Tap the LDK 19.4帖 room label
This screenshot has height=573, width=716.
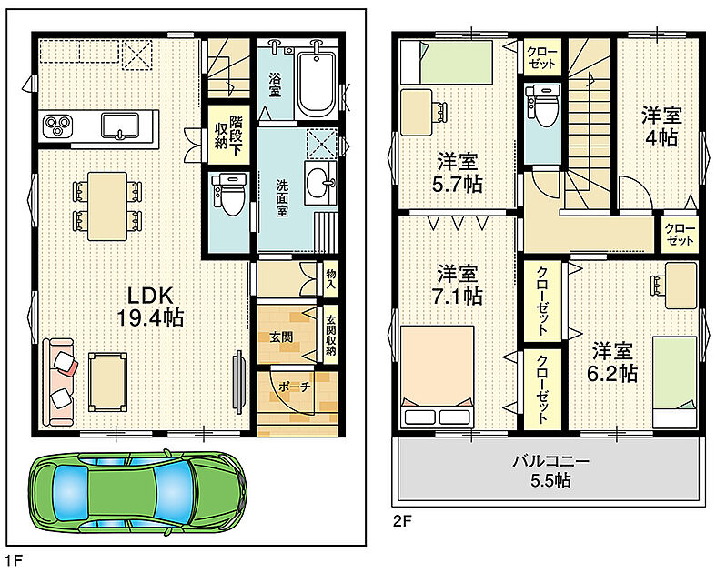pyautogui.click(x=150, y=307)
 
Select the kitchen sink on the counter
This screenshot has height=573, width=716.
pyautogui.click(x=120, y=126)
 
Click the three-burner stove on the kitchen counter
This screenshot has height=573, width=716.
pyautogui.click(x=57, y=125)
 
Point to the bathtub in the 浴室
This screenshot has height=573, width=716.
pyautogui.click(x=316, y=83)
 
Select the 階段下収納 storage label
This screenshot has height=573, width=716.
pyautogui.click(x=228, y=135)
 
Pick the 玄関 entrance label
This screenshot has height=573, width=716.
pyautogui.click(x=281, y=337)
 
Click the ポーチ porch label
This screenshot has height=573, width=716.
pyautogui.click(x=294, y=387)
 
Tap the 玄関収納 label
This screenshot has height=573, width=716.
pyautogui.click(x=331, y=336)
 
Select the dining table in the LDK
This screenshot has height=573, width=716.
pyautogui.click(x=107, y=206)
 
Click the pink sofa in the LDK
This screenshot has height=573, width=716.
pyautogui.click(x=58, y=383)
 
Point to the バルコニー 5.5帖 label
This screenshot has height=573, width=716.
pyautogui.click(x=550, y=471)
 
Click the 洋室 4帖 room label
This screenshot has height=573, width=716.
pyautogui.click(x=661, y=126)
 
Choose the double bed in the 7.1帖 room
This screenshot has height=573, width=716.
pyautogui.click(x=437, y=377)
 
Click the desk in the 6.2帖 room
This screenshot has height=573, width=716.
pyautogui.click(x=681, y=286)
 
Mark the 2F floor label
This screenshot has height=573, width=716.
pyautogui.click(x=403, y=521)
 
